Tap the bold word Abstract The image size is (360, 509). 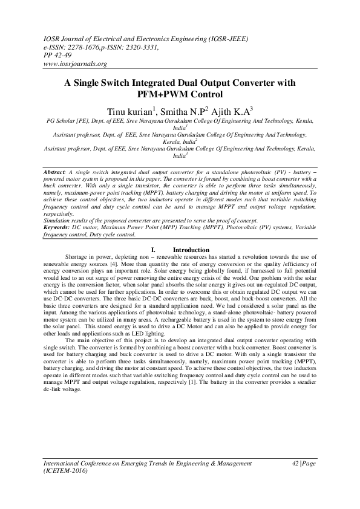(55, 173)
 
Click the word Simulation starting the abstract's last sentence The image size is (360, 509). (59, 220)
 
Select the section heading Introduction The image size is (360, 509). (191, 250)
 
